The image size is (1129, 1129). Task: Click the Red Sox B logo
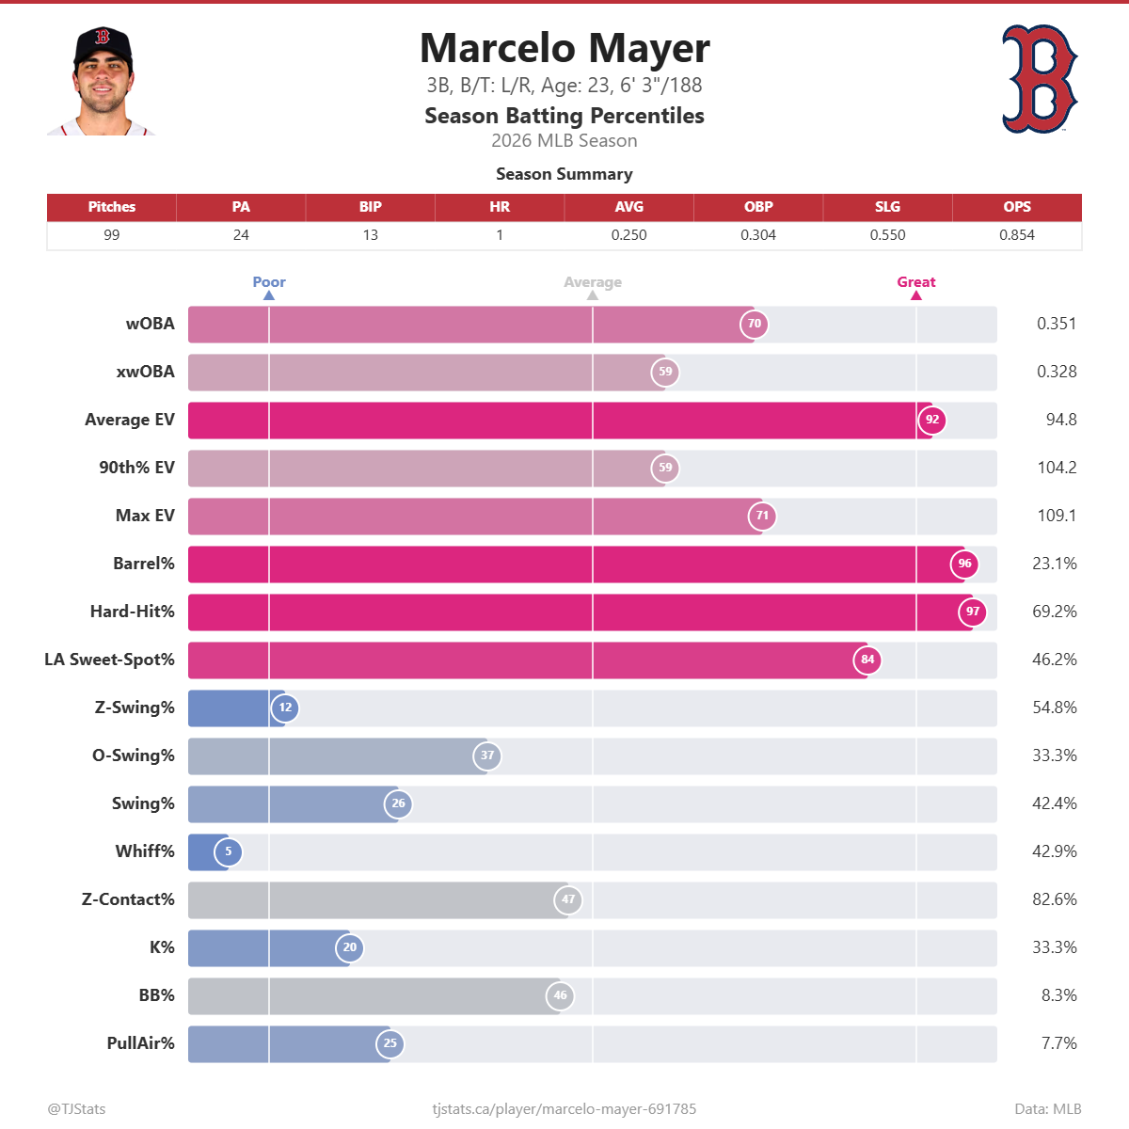coord(1039,79)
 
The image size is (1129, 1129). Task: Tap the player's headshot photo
coord(102,82)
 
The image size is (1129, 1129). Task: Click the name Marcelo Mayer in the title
coord(564,48)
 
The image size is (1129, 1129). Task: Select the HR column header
coord(500,207)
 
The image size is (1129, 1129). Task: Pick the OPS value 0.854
coord(1016,235)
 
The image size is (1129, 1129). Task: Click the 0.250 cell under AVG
coord(628,235)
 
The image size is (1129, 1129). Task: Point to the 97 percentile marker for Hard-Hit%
coord(973,612)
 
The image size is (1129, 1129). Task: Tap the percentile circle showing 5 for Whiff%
coord(228,851)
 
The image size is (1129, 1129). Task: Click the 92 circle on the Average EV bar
coord(932,420)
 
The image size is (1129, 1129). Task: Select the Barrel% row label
coord(144,564)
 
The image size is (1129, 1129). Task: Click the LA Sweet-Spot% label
coord(109,660)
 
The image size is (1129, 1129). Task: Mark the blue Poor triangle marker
coord(269,295)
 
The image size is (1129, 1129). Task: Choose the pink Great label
coord(915,282)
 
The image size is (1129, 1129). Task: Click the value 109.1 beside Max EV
coord(1057,516)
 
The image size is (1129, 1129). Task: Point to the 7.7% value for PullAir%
coord(1058,1043)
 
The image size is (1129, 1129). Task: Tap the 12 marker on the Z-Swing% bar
coord(285,708)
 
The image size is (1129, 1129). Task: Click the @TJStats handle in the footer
coord(77,1109)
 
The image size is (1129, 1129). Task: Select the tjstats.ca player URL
coord(564,1109)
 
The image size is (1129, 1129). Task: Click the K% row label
coord(162,947)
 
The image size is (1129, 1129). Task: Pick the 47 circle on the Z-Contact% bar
coord(568,899)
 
